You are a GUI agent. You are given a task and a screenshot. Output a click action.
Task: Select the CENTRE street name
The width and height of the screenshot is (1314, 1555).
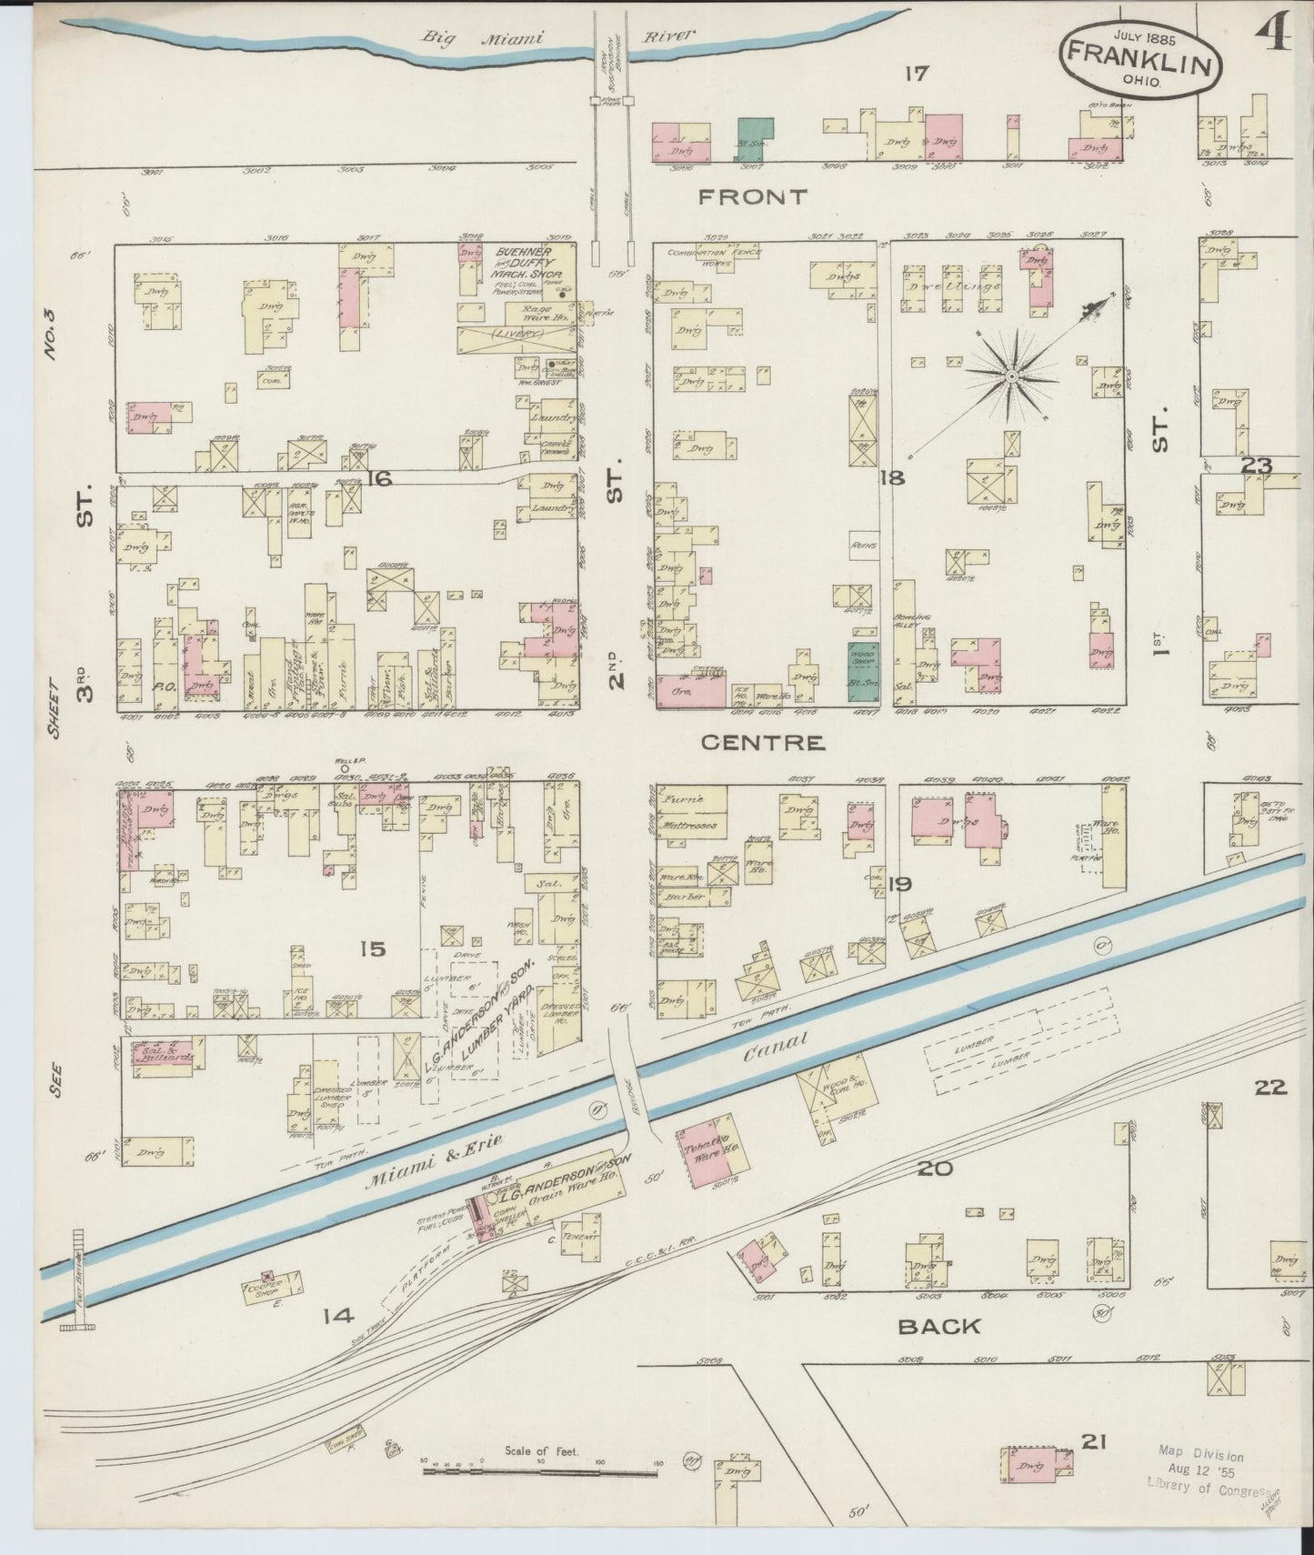(x=764, y=743)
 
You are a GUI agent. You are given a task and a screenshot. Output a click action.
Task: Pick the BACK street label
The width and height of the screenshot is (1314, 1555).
(x=939, y=1326)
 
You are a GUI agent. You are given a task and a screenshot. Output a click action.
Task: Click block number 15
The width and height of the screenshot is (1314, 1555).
(x=372, y=949)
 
